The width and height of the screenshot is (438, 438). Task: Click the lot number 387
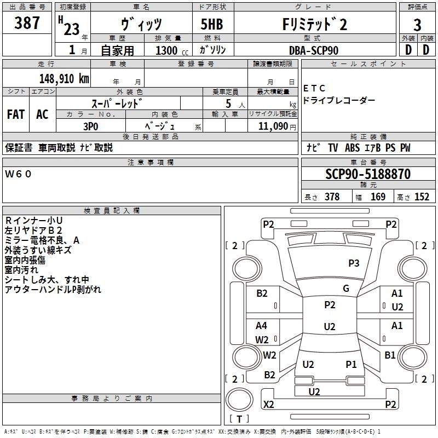(27, 22)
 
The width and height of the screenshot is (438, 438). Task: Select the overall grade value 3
(417, 25)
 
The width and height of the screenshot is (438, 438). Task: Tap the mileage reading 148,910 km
(64, 78)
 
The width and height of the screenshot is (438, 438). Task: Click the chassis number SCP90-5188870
(368, 174)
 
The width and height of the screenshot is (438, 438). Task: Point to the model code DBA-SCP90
(314, 50)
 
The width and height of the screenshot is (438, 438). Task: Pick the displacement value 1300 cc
(172, 50)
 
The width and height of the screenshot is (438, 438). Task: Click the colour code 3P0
(91, 126)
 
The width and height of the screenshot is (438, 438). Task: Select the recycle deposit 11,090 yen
(277, 126)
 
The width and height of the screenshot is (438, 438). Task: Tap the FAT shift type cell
(16, 114)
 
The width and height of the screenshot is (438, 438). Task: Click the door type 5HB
(212, 24)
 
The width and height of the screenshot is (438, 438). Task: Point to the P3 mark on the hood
(354, 263)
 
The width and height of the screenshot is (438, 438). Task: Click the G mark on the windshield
(346, 289)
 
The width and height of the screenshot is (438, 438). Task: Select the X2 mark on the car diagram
(268, 404)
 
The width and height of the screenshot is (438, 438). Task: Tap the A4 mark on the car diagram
(261, 325)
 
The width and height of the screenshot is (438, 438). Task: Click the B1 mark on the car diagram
(390, 355)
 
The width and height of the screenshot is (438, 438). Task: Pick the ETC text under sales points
(314, 88)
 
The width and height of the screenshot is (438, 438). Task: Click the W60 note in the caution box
(18, 174)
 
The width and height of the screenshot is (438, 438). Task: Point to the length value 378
(332, 197)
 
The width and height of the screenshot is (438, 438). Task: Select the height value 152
(422, 197)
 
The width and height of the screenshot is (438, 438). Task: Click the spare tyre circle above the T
(239, 400)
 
